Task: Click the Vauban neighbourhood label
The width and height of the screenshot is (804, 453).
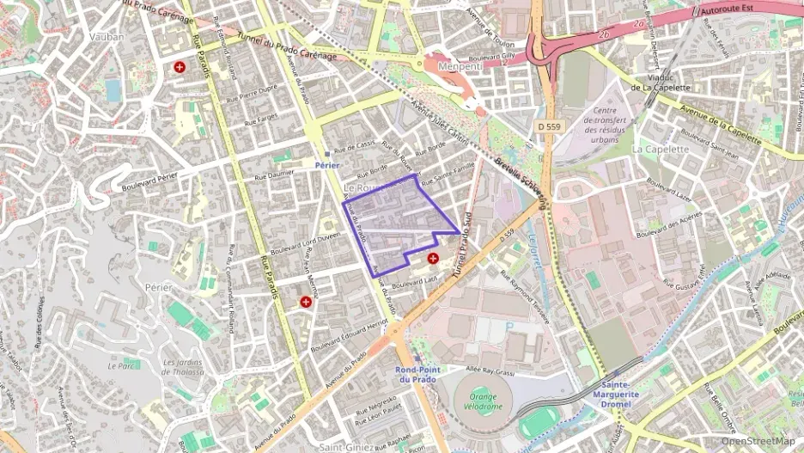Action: (x=107, y=37)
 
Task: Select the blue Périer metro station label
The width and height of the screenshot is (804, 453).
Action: (x=327, y=163)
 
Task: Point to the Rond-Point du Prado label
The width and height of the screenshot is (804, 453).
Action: (x=417, y=374)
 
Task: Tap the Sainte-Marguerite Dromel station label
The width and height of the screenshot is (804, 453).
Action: (x=616, y=394)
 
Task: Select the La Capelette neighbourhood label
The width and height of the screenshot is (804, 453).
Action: (x=661, y=149)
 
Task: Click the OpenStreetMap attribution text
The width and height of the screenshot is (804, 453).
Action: (x=757, y=441)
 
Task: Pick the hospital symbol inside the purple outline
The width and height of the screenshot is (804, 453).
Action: (x=433, y=257)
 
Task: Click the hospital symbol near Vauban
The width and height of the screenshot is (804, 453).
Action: (x=180, y=66)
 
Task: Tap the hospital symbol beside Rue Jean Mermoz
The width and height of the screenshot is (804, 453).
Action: (x=306, y=302)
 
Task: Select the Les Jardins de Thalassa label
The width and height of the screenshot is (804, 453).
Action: (x=184, y=367)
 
